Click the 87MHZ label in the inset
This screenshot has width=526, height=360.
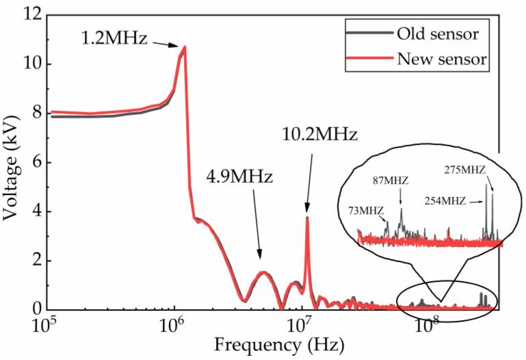pos(391,181)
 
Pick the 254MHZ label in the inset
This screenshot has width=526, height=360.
pos(443,201)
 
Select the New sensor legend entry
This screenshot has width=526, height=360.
pos(441,60)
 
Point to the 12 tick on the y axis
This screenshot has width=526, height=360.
pos(31,14)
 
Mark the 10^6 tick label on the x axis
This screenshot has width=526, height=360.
pos(173,325)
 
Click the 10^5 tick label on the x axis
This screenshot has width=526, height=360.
pos(46,325)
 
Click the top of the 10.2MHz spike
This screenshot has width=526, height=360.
pos(308,218)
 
